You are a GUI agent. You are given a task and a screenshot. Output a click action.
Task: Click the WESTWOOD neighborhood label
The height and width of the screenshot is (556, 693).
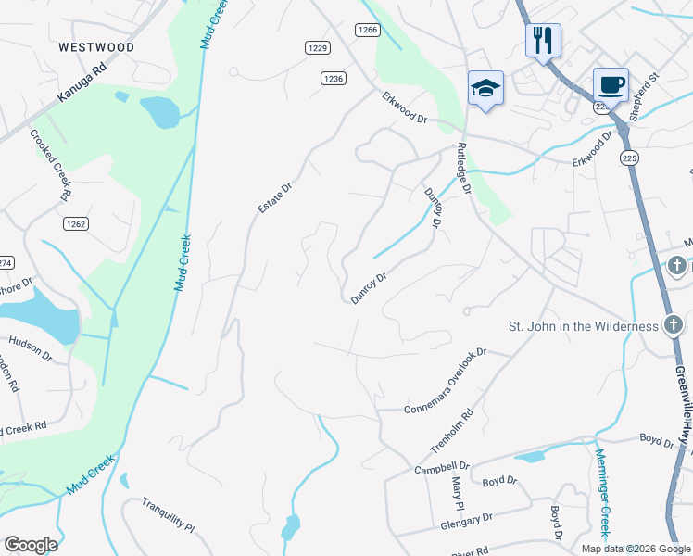[x=95, y=47]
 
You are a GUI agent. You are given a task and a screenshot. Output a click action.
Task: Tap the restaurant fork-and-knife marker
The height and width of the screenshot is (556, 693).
[x=542, y=40]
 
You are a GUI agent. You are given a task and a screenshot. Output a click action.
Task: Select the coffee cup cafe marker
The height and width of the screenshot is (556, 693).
[x=610, y=85]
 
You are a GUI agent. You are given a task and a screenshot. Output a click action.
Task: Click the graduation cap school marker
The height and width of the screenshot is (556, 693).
[x=485, y=88]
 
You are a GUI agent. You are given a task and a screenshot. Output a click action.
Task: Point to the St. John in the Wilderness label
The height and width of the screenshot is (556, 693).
[x=584, y=326]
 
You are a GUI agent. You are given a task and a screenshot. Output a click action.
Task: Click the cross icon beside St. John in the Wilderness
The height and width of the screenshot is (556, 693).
[x=674, y=326]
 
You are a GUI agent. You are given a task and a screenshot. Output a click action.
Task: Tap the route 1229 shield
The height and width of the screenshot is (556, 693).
[x=318, y=47]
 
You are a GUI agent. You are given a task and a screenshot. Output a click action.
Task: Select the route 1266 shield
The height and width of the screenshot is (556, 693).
[x=368, y=30]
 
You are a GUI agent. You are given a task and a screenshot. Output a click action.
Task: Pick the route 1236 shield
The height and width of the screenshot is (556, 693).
[x=334, y=79]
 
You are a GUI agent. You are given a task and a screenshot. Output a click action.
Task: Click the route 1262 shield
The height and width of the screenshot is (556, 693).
[x=76, y=223]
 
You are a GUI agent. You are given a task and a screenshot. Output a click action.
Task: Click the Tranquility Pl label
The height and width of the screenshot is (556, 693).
[x=168, y=516]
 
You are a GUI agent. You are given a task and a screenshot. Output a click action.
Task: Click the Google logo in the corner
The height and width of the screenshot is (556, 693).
[x=31, y=544]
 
